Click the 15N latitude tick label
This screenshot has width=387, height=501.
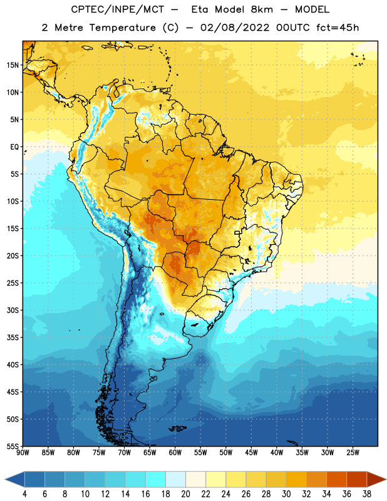(x=13, y=65)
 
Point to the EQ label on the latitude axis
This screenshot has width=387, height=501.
(x=14, y=147)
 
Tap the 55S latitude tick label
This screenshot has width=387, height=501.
(x=13, y=446)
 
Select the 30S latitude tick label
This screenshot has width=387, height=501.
(x=13, y=310)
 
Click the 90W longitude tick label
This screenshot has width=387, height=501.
(x=23, y=453)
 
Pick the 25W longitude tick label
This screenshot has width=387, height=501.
(x=353, y=453)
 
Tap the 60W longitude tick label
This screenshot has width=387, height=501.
(x=175, y=453)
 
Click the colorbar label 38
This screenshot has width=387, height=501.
(x=366, y=494)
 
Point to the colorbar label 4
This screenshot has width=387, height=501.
(x=24, y=494)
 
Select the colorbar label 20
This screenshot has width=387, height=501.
(x=185, y=494)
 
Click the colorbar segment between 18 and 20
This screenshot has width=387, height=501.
(x=175, y=479)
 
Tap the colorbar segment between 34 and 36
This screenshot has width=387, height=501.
(x=336, y=479)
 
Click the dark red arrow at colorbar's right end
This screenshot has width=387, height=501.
(x=376, y=479)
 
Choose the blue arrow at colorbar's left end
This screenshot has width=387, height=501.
(x=15, y=479)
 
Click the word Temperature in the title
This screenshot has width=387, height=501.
(x=123, y=28)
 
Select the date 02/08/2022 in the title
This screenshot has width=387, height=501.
(x=235, y=28)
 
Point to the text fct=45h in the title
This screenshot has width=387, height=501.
(x=338, y=28)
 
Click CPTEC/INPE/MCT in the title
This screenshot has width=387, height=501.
(x=117, y=9)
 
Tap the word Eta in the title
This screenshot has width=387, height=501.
(x=200, y=9)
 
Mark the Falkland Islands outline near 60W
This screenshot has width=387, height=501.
(x=177, y=428)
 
